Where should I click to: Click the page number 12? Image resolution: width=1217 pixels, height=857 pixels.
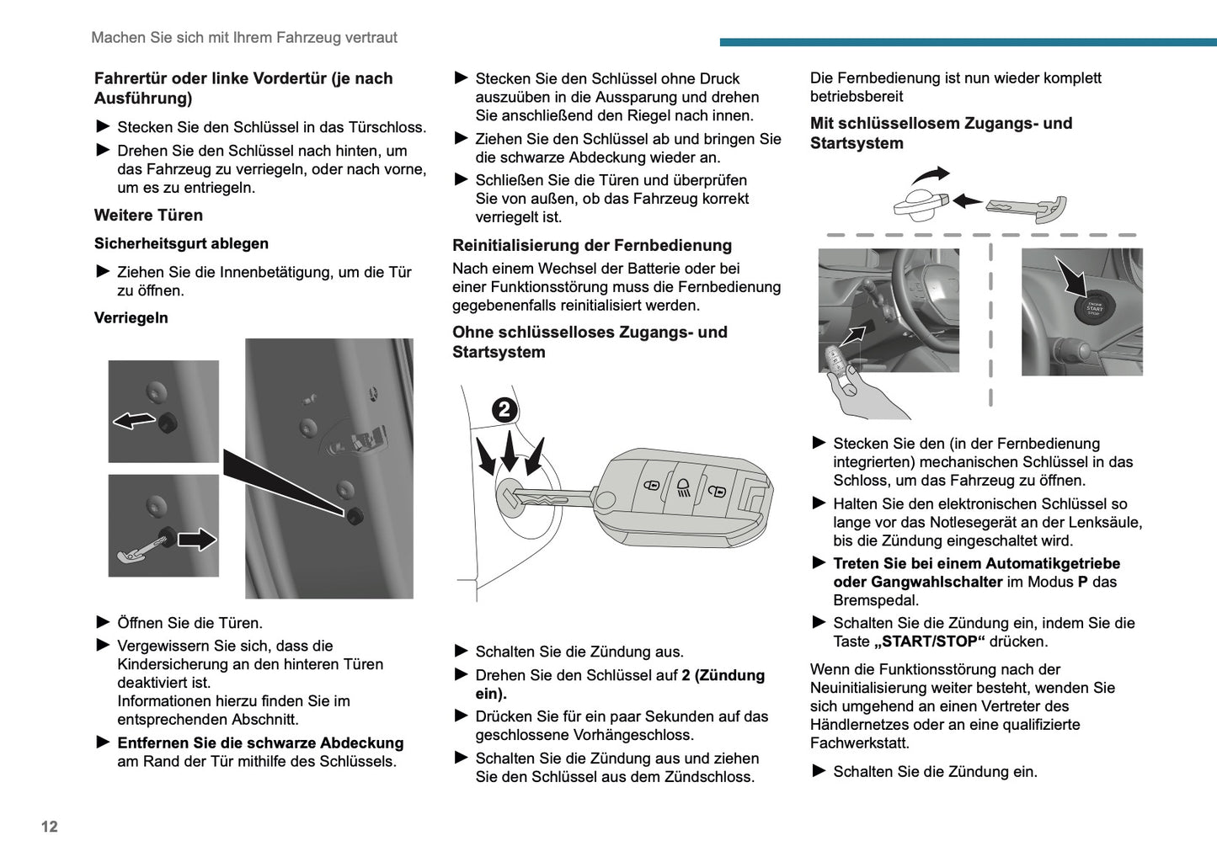pos(50,827)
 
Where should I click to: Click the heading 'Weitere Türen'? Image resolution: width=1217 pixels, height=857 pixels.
pos(148,216)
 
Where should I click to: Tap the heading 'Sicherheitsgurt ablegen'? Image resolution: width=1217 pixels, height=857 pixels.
pos(181,244)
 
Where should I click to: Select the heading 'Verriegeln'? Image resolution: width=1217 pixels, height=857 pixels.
pos(131,318)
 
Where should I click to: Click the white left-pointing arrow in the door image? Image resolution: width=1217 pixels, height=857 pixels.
pos(134,420)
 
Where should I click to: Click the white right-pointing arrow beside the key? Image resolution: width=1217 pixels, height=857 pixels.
pos(197,539)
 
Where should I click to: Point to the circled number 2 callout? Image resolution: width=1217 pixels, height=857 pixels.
pos(504,409)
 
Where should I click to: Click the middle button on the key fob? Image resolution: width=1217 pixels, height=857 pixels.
pos(682,487)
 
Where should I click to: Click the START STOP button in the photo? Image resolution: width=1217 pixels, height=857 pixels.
pos(1094,308)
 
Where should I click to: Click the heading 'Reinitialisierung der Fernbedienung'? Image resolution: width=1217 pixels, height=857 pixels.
pos(592,246)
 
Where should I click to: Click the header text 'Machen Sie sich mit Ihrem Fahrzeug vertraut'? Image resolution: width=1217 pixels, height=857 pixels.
pos(244,38)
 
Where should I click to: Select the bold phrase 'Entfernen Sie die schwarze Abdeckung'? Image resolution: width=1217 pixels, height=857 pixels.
pos(260,743)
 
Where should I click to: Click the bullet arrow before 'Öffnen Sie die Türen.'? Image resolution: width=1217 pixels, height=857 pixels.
pos(104,622)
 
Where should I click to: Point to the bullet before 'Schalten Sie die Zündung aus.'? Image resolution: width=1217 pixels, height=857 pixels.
pos(462,651)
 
